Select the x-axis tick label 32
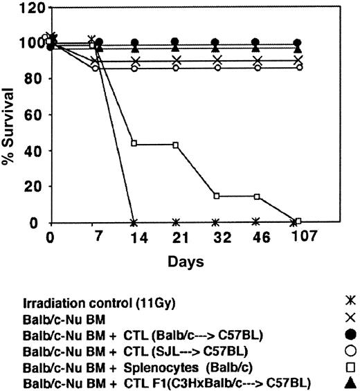(x=217, y=237)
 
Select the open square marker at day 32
(x=217, y=196)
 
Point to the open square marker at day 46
(x=257, y=197)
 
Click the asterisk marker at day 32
(x=217, y=222)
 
